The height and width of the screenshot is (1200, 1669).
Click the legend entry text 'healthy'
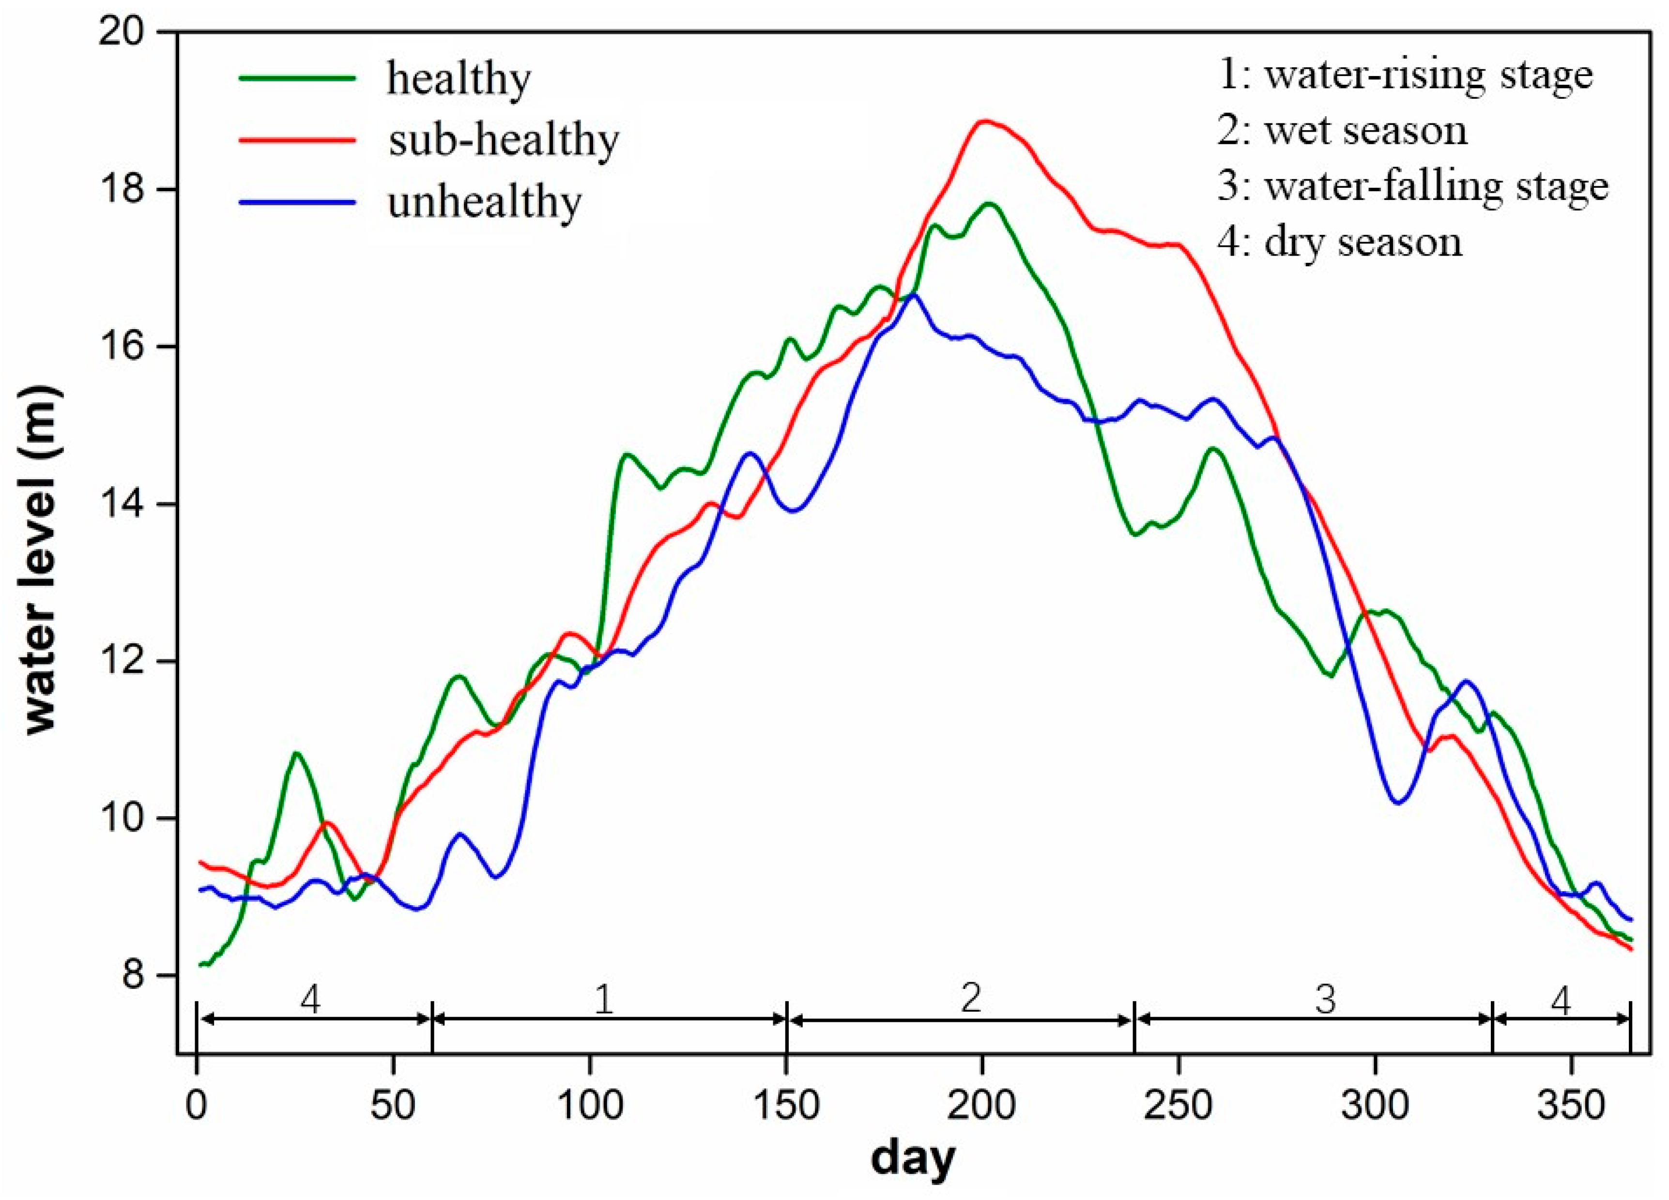[458, 79]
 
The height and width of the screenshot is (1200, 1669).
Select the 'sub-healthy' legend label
[504, 140]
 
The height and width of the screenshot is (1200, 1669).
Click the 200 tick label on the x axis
[981, 1106]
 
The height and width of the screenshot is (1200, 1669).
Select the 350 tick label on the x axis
[1571, 1106]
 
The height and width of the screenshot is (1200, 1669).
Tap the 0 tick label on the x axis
[197, 1106]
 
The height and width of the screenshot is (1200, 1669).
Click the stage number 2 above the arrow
[971, 999]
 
